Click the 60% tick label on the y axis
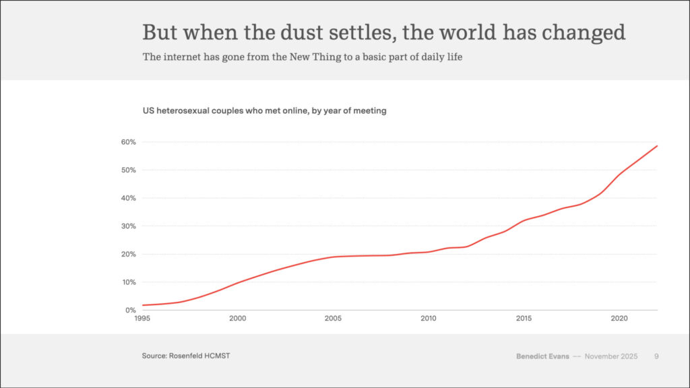[x=129, y=142]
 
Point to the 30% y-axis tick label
[x=129, y=226]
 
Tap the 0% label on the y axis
[x=131, y=311]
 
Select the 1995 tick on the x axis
[x=142, y=318]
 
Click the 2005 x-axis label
[x=332, y=318]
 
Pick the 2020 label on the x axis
[x=619, y=318]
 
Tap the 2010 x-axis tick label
[x=428, y=318]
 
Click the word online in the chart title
[x=290, y=110]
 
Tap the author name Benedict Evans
[x=542, y=356]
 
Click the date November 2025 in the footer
[x=611, y=356]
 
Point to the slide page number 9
[x=656, y=356]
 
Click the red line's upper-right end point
[x=657, y=145]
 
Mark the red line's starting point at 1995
[x=143, y=305]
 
